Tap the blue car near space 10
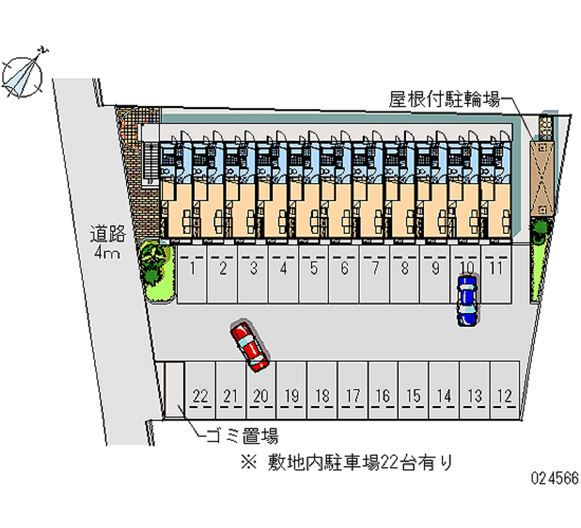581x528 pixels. click(x=467, y=300)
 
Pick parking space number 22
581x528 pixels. click(x=201, y=392)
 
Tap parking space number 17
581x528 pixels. click(x=353, y=392)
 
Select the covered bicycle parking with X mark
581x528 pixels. click(x=541, y=175)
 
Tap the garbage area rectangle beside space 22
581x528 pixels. click(x=174, y=389)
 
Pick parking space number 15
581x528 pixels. click(x=414, y=392)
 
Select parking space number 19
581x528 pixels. click(x=292, y=392)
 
